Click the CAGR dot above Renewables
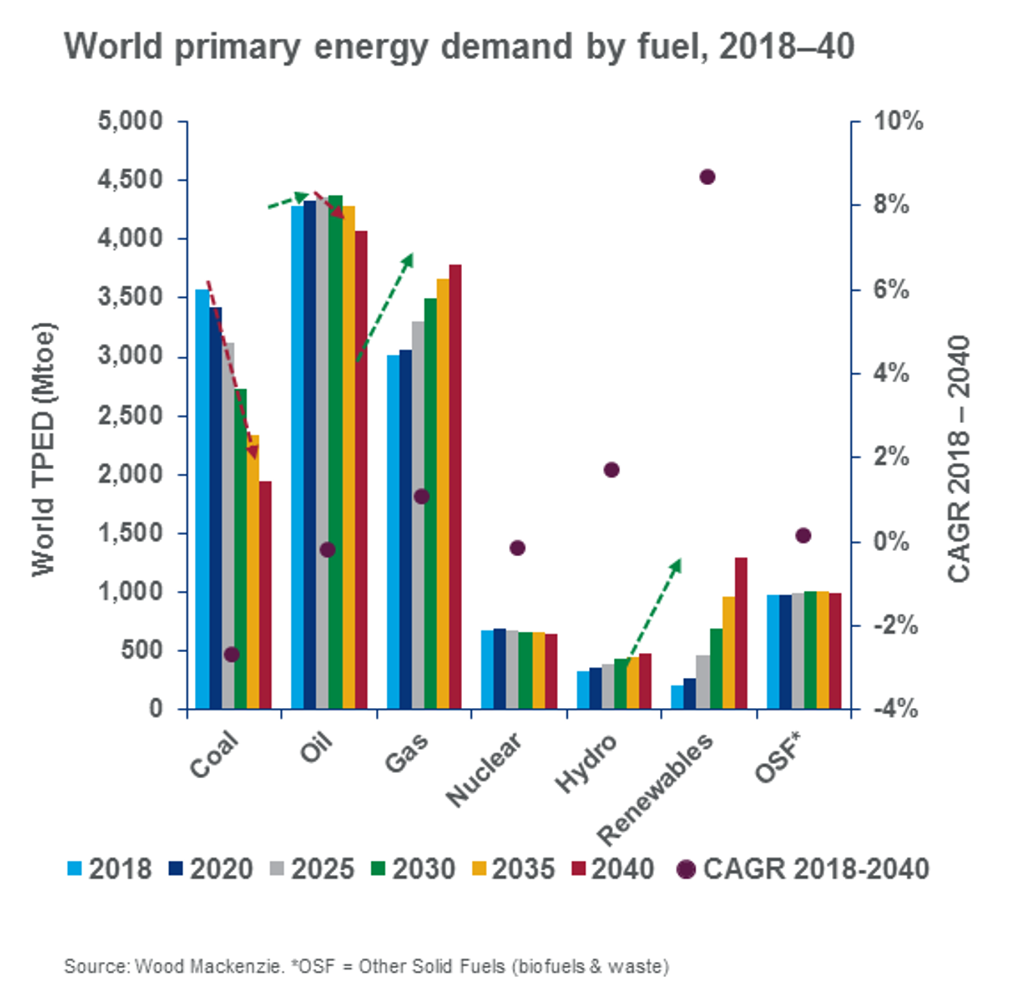pos(707,177)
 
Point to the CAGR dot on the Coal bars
pos(232,654)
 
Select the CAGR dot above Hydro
pos(611,470)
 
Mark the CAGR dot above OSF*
pos(803,535)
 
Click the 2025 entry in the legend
pos(312,869)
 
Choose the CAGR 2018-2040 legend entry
pos(804,869)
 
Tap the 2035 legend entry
pos(513,869)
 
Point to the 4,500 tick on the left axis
pos(130,180)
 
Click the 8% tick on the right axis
pos(890,205)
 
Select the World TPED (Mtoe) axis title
pos(44,449)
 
